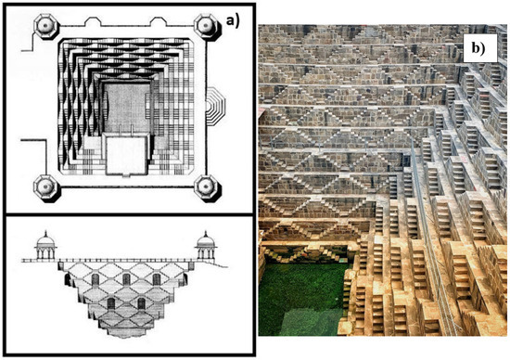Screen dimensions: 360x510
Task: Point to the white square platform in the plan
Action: pyautogui.click(x=124, y=156)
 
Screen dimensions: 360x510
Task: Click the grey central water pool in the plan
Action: pyautogui.click(x=124, y=107)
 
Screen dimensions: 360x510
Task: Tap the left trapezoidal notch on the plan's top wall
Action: pyautogui.click(x=93, y=19)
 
